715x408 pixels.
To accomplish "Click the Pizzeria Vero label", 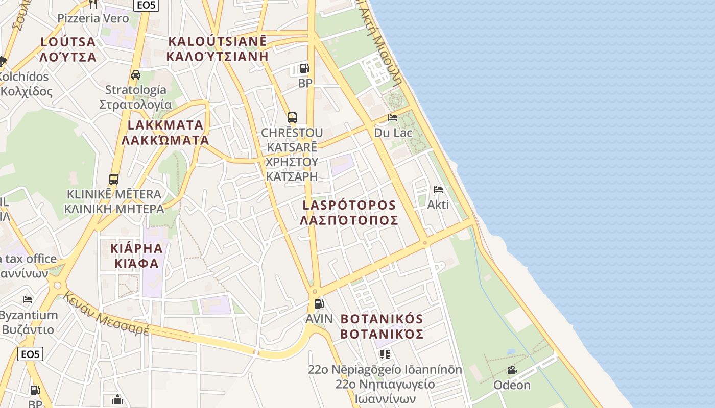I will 93,18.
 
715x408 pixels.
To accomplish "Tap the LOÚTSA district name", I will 68,42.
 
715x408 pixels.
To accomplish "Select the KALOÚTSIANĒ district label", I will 217,41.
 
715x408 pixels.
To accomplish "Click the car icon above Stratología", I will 136,75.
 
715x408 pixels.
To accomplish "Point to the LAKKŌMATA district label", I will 165,125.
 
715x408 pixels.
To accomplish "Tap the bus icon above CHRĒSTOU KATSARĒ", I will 292,118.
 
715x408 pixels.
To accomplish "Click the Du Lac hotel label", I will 393,133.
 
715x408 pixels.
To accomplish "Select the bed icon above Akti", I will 438,190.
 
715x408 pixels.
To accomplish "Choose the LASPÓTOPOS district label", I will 349,205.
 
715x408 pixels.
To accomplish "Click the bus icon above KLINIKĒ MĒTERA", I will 114,180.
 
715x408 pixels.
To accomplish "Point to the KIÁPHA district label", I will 136,249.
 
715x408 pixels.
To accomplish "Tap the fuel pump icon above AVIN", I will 319,304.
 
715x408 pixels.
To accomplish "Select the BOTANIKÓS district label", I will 382,319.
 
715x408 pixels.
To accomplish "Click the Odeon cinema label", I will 512,385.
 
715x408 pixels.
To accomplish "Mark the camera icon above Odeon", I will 512,370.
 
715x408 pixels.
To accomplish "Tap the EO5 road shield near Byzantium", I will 30,354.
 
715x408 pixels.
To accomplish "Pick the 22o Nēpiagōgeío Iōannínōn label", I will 385,370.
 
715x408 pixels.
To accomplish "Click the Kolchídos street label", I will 24,77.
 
